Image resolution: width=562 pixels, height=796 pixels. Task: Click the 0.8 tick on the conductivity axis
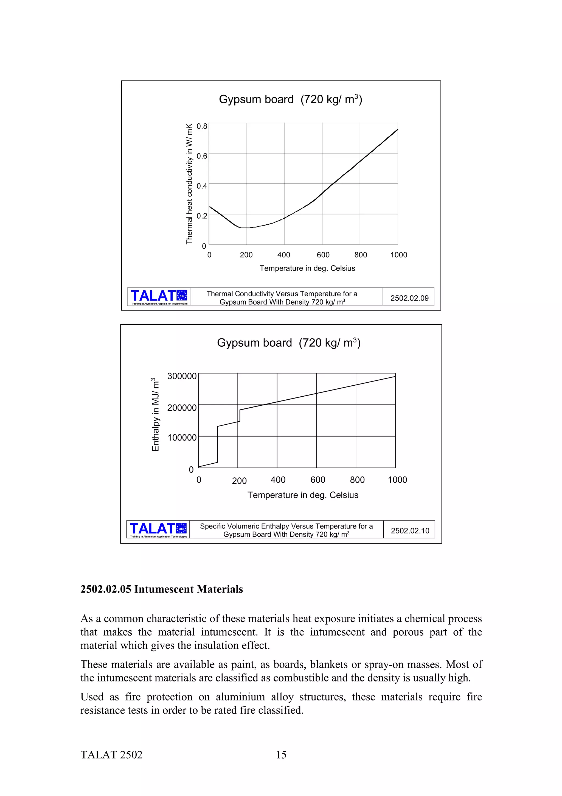(x=202, y=126)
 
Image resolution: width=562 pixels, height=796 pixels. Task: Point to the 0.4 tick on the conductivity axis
(x=202, y=186)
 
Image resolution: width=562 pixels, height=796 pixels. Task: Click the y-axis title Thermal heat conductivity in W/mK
(x=189, y=184)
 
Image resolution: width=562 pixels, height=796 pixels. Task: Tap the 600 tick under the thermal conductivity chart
(x=323, y=255)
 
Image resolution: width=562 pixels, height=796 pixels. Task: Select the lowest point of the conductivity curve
(x=244, y=228)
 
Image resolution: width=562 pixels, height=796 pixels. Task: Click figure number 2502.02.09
(x=409, y=298)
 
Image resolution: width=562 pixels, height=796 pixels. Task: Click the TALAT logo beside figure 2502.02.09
(x=159, y=297)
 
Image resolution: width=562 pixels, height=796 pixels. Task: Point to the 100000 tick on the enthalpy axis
(x=182, y=438)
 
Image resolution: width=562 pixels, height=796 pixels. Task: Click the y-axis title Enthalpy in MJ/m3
(x=156, y=415)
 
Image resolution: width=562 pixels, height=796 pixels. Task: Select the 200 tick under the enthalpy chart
(x=239, y=481)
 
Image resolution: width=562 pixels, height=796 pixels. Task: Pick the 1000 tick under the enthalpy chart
(x=397, y=480)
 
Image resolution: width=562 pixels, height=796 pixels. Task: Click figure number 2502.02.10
(x=410, y=531)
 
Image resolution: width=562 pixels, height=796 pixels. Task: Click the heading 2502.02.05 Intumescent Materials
(x=161, y=589)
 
